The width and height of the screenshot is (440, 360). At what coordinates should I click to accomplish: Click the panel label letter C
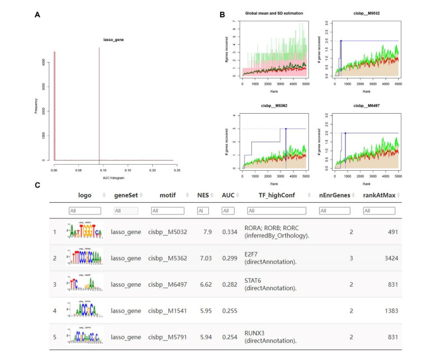click(x=37, y=185)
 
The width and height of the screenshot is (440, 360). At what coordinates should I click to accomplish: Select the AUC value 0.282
click(x=228, y=284)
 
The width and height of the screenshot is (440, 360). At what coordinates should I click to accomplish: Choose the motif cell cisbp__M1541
click(x=168, y=310)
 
